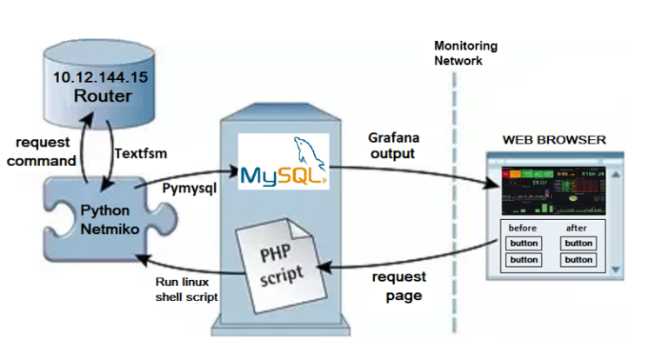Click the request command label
click(46, 150)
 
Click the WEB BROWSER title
click(554, 140)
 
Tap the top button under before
click(524, 243)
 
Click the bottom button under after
click(578, 259)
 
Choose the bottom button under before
click(524, 259)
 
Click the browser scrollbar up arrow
click(616, 174)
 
